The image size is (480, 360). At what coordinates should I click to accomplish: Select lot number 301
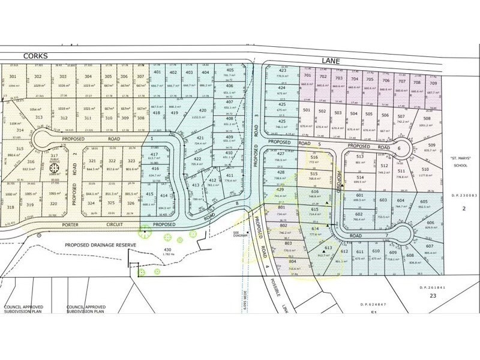click(x=13, y=76)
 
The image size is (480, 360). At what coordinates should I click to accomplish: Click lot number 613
click(x=328, y=247)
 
